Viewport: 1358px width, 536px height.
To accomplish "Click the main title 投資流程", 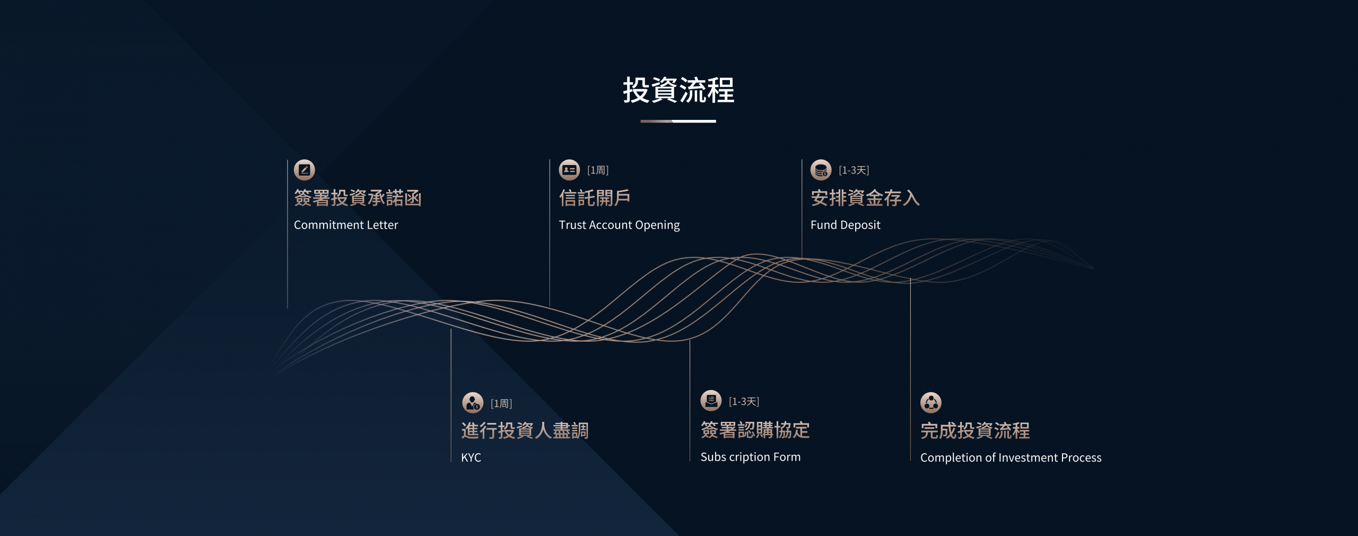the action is coord(678,90).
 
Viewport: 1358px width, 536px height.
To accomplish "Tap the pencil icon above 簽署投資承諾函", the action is coord(304,170).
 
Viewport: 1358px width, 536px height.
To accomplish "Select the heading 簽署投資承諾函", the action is coord(358,198).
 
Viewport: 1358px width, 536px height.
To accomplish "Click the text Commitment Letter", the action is coord(346,225).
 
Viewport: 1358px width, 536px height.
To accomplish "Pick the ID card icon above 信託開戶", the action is coord(569,170).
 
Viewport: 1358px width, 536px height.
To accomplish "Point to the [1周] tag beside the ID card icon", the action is coord(598,170).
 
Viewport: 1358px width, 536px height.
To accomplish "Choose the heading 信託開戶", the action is coord(595,198).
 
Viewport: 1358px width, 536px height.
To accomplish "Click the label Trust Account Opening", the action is coord(619,225).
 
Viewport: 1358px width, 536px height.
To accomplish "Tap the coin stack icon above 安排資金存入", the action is coord(821,170).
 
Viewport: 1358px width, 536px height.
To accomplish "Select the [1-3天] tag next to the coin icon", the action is coord(854,170).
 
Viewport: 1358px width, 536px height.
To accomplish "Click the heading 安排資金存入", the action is coord(865,198).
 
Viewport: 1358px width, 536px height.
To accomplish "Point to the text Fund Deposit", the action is coord(846,225).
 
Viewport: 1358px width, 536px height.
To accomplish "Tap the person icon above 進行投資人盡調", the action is coord(473,403).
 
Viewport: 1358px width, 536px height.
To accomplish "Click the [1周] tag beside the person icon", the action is coord(501,404).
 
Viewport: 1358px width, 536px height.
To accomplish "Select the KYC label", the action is coord(471,457).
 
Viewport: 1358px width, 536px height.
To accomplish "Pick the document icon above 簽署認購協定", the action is coord(711,401).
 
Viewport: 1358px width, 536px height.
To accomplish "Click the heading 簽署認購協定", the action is coord(755,430).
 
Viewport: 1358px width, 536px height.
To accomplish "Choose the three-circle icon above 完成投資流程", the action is coord(931,403).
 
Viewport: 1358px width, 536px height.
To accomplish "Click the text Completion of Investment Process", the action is coord(1011,457).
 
